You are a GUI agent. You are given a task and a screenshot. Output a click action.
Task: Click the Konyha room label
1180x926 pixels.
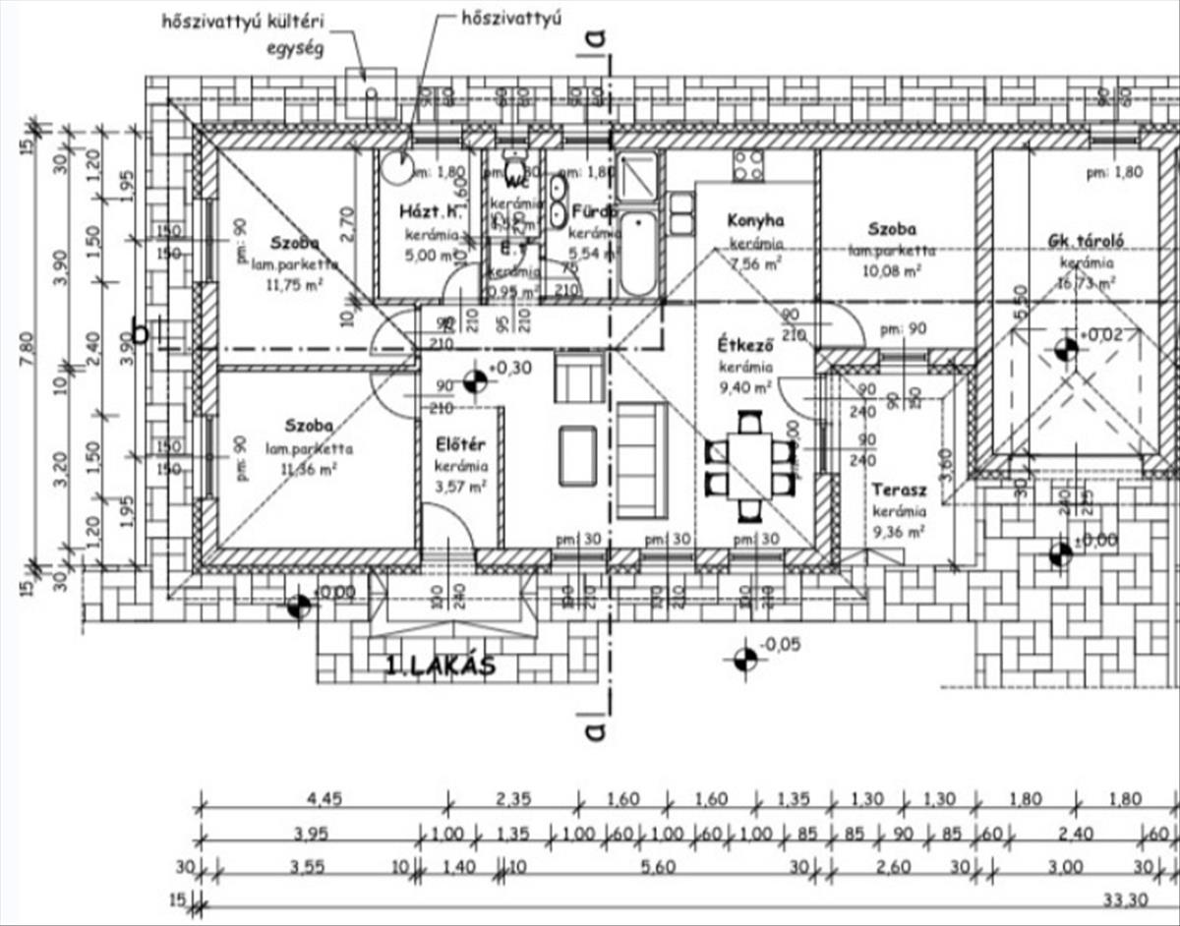tap(754, 219)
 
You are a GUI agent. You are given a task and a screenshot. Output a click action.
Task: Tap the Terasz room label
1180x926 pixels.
tap(898, 489)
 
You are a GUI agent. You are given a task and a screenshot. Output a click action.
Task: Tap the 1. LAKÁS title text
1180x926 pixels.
tap(440, 666)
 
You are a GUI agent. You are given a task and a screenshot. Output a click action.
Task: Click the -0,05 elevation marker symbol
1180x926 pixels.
tap(745, 660)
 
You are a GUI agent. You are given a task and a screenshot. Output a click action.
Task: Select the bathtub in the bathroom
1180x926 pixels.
tap(638, 254)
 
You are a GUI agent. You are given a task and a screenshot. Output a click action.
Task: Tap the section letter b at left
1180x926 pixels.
tap(141, 333)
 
